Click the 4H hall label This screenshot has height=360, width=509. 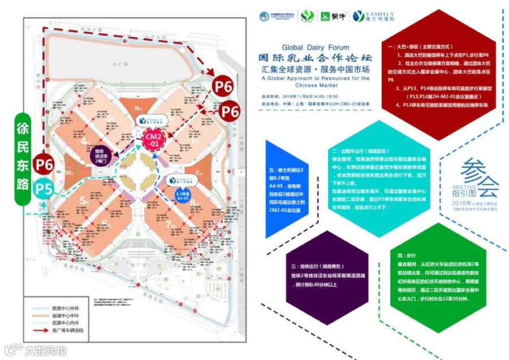87,141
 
